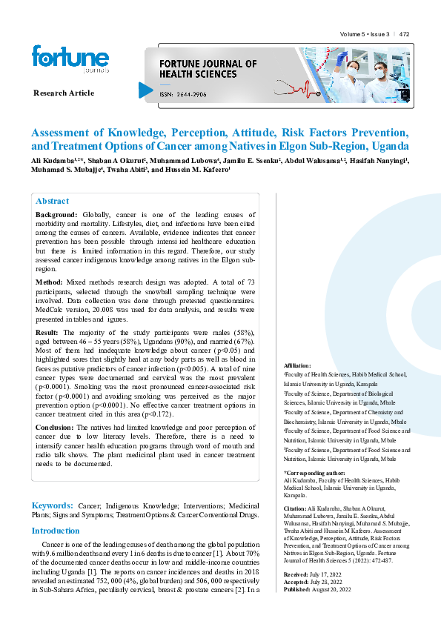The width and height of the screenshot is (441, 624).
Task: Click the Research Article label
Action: click(x=64, y=93)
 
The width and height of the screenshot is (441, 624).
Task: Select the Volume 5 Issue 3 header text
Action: click(x=365, y=34)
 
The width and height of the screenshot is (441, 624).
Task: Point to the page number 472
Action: click(x=405, y=34)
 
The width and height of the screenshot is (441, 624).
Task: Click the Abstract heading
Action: click(x=53, y=201)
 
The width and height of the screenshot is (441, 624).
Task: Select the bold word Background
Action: click(x=56, y=214)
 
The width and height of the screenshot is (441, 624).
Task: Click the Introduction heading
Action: click(x=56, y=531)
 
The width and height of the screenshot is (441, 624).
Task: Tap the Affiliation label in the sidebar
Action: click(x=298, y=366)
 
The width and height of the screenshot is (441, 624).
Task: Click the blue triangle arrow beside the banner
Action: click(x=146, y=90)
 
